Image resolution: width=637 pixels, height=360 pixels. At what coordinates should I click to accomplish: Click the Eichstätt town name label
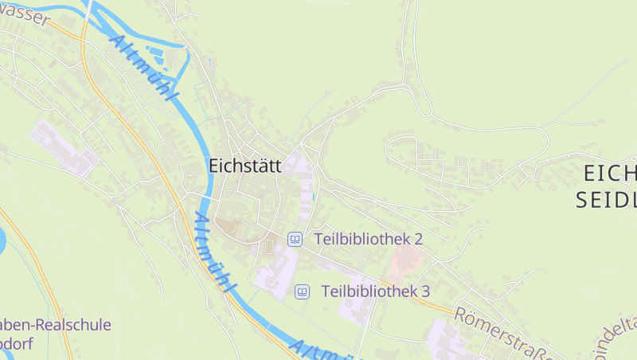click(x=246, y=166)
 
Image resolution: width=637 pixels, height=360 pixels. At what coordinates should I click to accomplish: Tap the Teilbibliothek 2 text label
click(x=368, y=239)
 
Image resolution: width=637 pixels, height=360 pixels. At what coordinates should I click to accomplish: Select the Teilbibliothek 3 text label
click(x=375, y=292)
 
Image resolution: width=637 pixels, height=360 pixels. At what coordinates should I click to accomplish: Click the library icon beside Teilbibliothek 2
click(x=295, y=239)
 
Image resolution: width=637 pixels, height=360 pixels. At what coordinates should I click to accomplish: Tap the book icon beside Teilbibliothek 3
click(x=302, y=292)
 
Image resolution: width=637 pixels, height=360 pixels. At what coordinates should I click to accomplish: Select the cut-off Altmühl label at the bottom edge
click(x=318, y=349)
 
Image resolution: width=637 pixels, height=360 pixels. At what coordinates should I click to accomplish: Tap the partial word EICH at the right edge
click(x=610, y=174)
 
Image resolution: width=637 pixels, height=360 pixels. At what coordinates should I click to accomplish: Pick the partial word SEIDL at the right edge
click(x=607, y=199)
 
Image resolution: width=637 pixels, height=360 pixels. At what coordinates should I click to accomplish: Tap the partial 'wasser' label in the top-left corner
click(x=24, y=14)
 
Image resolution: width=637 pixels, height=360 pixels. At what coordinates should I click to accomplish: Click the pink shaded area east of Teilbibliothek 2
click(x=405, y=257)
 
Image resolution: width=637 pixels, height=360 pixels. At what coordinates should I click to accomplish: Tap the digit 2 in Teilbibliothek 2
click(x=417, y=239)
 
